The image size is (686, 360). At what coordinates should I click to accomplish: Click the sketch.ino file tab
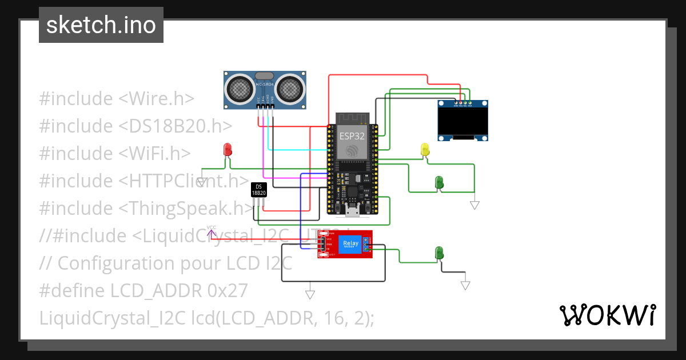coord(101,25)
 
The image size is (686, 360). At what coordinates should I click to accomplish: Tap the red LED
coord(228,150)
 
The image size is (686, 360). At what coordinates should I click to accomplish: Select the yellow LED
coord(425,150)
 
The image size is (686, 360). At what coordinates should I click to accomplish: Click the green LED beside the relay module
coord(439,252)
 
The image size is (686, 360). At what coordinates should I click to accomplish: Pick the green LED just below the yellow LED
coord(439,182)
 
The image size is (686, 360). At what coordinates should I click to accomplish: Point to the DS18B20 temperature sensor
coord(259,190)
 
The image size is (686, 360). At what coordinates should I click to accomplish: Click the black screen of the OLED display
coord(463,121)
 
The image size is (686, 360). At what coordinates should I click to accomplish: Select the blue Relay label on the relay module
coord(350,245)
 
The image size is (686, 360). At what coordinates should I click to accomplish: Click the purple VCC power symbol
coord(212,231)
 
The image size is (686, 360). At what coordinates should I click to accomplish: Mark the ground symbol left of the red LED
coord(202,182)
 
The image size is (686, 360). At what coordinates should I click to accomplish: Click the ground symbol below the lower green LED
coord(466,285)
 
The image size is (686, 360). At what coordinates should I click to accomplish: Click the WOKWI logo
coord(607,315)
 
